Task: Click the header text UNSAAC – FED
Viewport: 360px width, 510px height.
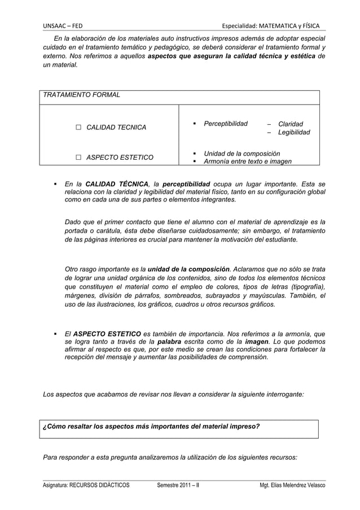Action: [x=63, y=26]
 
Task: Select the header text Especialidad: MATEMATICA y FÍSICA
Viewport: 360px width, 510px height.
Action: [x=271, y=26]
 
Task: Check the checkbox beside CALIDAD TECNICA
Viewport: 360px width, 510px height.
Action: [x=78, y=128]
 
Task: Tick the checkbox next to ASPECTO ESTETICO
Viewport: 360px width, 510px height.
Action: [x=78, y=157]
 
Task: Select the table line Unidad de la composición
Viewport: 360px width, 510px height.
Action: [x=242, y=153]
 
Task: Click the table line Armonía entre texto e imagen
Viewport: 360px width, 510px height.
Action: [x=247, y=162]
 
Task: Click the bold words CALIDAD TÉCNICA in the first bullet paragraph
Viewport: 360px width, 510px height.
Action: [x=117, y=184]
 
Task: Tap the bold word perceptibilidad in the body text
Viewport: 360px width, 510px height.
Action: [x=186, y=184]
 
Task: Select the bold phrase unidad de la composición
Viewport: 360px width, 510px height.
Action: [x=188, y=268]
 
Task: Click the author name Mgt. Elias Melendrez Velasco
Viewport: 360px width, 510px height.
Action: [x=292, y=485]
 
